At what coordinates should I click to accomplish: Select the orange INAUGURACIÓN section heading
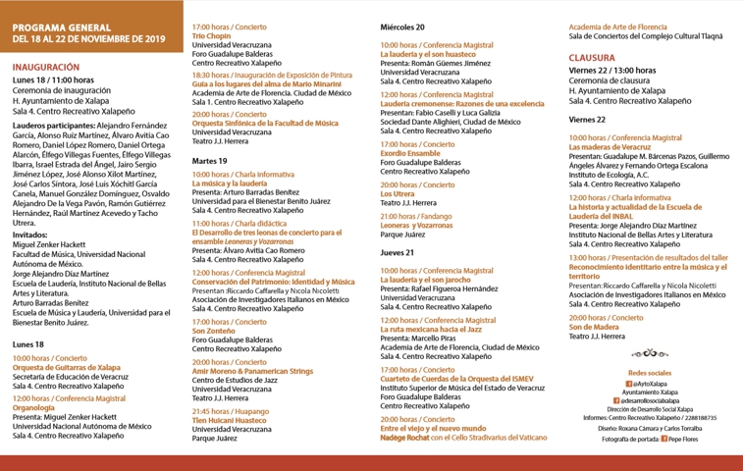tap(46, 67)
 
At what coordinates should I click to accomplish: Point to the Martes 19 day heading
tap(210, 160)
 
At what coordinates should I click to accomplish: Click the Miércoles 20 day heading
tap(402, 27)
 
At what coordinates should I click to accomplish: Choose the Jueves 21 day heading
tap(397, 252)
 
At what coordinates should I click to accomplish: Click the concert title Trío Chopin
tap(213, 35)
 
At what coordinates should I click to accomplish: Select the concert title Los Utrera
tap(398, 194)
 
